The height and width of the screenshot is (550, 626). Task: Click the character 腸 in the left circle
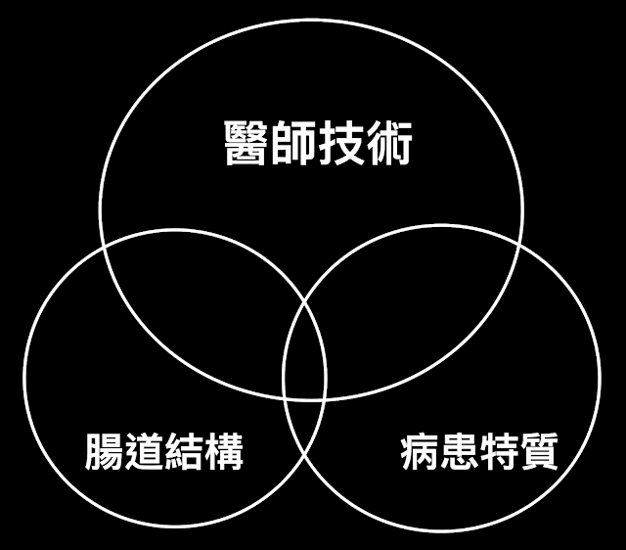point(102,452)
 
